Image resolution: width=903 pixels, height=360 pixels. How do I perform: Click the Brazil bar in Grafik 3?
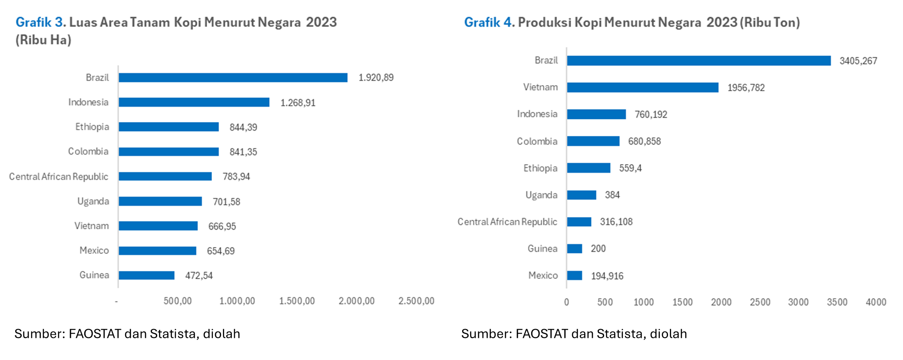[x=233, y=78]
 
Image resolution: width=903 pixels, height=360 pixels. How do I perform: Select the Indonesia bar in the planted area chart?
[x=194, y=102]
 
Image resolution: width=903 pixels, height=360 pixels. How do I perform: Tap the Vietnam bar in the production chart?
[x=642, y=88]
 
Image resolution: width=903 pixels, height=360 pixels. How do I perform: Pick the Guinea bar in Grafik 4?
[x=574, y=249]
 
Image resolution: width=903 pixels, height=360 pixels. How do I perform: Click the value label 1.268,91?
[x=298, y=103]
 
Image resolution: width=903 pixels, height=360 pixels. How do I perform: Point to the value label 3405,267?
[x=858, y=61]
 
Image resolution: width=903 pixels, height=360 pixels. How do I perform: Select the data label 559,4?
[x=630, y=168]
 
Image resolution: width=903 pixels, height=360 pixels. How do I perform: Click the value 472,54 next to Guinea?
[x=199, y=276]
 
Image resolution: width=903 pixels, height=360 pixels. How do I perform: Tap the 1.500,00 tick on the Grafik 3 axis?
[x=297, y=301]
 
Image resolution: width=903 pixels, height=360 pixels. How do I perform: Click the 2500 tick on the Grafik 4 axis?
[x=760, y=302]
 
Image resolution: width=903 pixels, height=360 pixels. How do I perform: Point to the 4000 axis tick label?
[x=876, y=302]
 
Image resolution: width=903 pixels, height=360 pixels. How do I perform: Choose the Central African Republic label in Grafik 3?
[x=59, y=177]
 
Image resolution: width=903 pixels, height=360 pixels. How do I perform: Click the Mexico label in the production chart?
[x=543, y=276]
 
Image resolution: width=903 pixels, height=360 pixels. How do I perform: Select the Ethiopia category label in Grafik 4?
[x=540, y=168]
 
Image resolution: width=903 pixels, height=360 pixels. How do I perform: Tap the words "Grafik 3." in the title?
[x=40, y=23]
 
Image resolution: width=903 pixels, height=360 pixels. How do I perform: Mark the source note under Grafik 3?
[x=127, y=334]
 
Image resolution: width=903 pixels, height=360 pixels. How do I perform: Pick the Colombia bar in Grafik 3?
[x=169, y=152]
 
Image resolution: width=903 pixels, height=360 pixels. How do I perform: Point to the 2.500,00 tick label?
[x=416, y=301]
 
